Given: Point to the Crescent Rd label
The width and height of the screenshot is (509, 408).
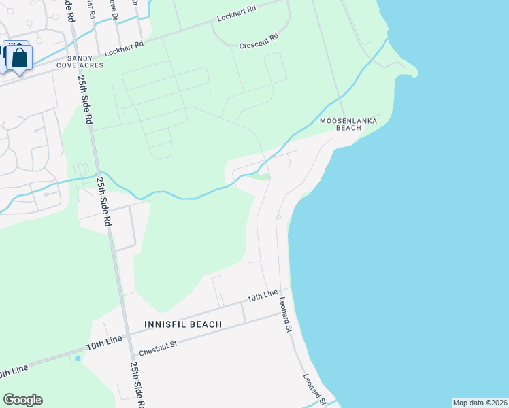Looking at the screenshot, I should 259,42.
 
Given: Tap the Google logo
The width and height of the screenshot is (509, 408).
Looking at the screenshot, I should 22,400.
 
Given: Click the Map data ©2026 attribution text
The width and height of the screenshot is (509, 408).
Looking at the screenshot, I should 480,403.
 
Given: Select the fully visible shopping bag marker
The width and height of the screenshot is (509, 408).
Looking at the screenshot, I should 20,57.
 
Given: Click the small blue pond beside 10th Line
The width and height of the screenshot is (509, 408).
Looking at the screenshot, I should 78,358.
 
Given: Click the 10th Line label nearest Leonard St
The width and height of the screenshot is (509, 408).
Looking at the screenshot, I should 263,296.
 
